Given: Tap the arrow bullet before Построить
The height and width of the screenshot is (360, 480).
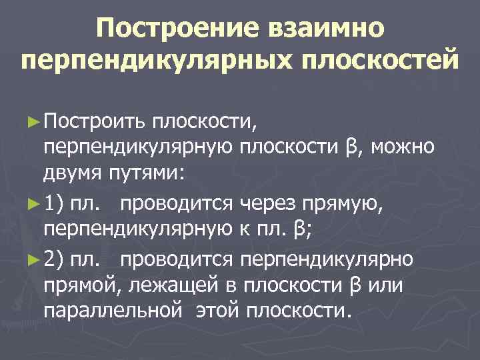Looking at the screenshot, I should (x=35, y=122).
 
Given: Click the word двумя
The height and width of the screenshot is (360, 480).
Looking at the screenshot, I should (x=74, y=173).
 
